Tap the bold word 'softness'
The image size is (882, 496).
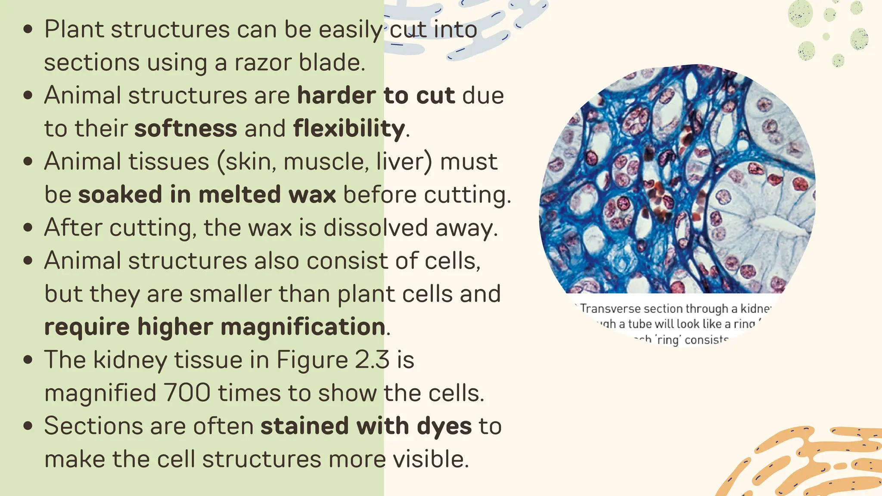click(186, 128)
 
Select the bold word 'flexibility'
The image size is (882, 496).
click(349, 128)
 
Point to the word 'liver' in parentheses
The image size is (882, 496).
click(400, 161)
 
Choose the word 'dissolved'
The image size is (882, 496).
click(376, 227)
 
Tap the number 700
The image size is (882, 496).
click(187, 393)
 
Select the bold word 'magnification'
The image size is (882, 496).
click(303, 326)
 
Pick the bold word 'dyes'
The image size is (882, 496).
click(444, 426)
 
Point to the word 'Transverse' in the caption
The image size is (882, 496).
click(610, 308)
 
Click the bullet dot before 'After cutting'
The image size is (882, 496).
click(28, 227)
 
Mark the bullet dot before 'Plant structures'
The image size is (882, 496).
click(28, 29)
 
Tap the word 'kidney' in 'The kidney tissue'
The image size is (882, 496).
click(130, 360)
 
